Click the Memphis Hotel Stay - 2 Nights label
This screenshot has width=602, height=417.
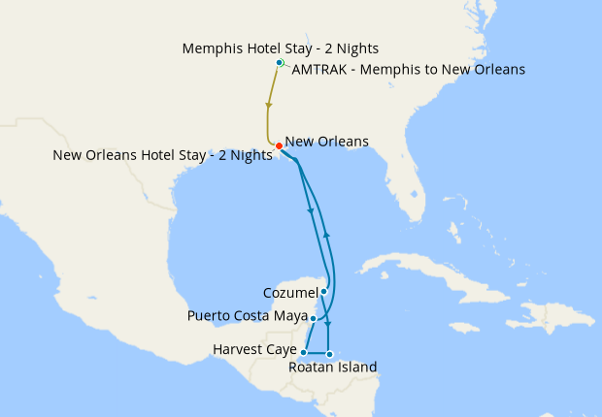pyautogui.click(x=280, y=48)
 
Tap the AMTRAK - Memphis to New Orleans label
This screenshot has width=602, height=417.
pyautogui.click(x=408, y=70)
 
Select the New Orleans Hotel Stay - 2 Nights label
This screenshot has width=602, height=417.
pyautogui.click(x=162, y=155)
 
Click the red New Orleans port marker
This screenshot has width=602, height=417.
pyautogui.click(x=279, y=146)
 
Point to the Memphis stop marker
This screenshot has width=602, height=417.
pyautogui.click(x=280, y=63)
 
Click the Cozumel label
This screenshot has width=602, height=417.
pyautogui.click(x=290, y=292)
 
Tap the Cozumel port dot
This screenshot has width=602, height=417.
pyautogui.click(x=324, y=291)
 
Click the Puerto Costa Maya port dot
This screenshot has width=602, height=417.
pyautogui.click(x=313, y=317)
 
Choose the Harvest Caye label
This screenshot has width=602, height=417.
pyautogui.click(x=254, y=349)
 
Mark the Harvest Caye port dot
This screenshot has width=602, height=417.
pyautogui.click(x=305, y=352)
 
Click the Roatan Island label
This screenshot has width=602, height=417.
pyautogui.click(x=333, y=367)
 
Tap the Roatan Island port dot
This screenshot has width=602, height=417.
pyautogui.click(x=330, y=353)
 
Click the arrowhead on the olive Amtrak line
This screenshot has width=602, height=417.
pyautogui.click(x=268, y=106)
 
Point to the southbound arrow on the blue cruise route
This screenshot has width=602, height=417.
pyautogui.click(x=310, y=210)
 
